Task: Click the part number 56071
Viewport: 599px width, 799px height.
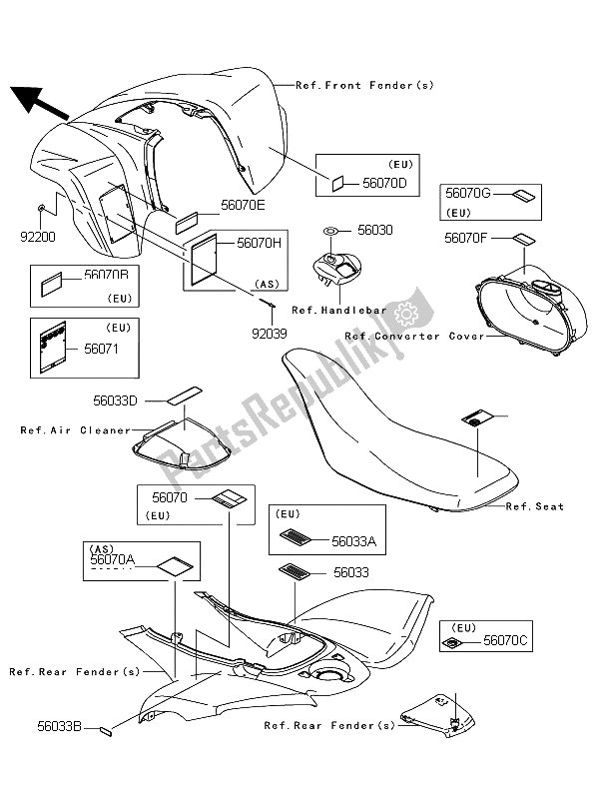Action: [x=99, y=351]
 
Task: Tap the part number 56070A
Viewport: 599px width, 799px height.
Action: [x=110, y=563]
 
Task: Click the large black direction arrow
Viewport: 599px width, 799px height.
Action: [x=38, y=101]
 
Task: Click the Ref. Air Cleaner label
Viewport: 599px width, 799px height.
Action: [x=76, y=430]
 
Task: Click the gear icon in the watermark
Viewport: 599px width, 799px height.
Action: [x=406, y=314]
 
